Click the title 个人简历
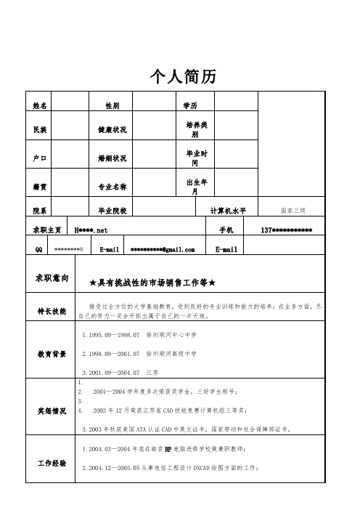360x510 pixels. point(180,76)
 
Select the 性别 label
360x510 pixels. point(112,106)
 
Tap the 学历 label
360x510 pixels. point(190,106)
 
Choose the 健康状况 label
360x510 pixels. point(112,130)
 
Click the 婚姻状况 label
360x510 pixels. point(112,158)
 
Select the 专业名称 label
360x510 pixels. point(112,187)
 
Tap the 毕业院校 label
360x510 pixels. point(112,211)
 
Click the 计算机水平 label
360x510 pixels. point(229,211)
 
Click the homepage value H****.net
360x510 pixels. point(91,230)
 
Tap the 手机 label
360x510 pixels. point(226,230)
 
